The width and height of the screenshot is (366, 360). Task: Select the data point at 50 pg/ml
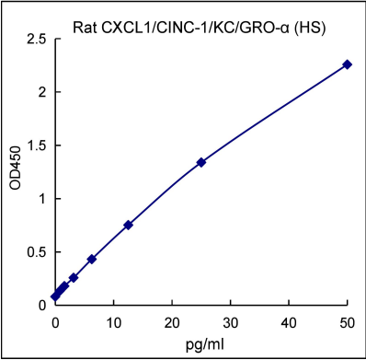click(x=347, y=64)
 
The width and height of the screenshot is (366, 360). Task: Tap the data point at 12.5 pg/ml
click(x=128, y=225)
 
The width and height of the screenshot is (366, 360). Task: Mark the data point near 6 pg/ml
click(x=91, y=259)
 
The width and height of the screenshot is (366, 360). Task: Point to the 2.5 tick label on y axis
click(x=38, y=40)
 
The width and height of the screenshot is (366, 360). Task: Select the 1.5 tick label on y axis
click(x=38, y=145)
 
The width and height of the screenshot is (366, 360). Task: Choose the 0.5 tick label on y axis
click(x=38, y=251)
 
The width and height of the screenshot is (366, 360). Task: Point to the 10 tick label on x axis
click(x=113, y=321)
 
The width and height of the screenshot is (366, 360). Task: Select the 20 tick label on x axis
click(x=172, y=321)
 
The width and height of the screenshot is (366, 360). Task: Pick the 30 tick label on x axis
click(x=230, y=321)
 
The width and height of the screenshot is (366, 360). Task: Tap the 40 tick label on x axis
click(x=289, y=321)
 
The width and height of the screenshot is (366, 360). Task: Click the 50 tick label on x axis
click(x=347, y=321)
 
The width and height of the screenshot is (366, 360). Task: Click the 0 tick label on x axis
click(x=55, y=321)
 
